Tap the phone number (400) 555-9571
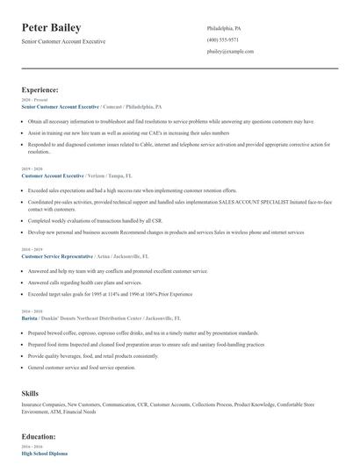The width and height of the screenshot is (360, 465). [224, 39]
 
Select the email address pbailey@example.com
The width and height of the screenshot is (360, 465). [231, 52]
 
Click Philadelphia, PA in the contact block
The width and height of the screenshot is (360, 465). [224, 28]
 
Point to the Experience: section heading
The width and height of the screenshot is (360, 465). [40, 89]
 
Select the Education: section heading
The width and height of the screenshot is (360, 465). [39, 436]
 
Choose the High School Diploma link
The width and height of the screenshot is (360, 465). [44, 453]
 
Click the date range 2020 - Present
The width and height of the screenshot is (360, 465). [33, 100]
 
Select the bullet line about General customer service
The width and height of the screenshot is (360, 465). [82, 368]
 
